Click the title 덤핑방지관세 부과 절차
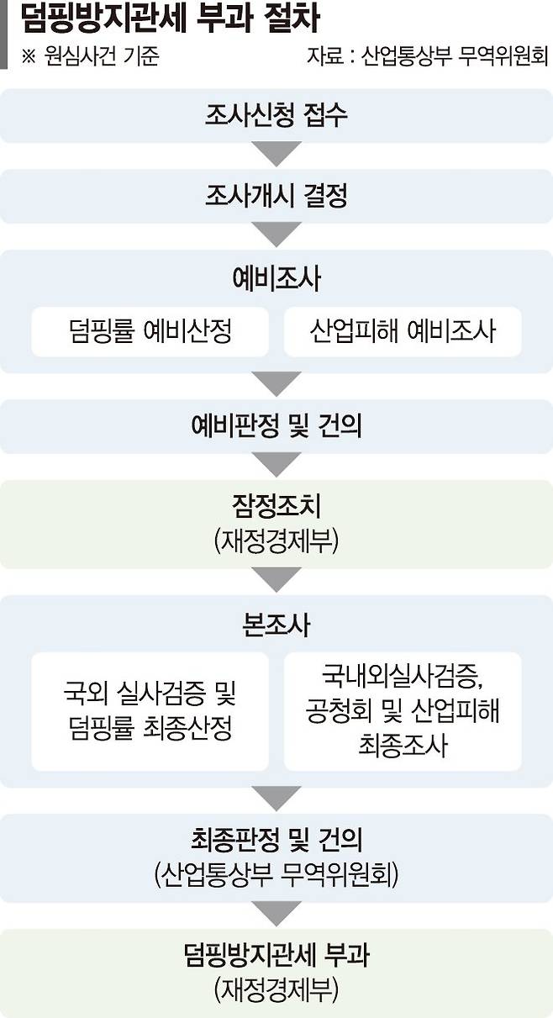[x=170, y=19]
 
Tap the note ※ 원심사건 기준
[x=91, y=56]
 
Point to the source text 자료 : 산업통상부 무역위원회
[x=427, y=56]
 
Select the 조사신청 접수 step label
[x=276, y=115]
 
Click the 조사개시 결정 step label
[x=276, y=196]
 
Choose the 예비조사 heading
[x=276, y=278]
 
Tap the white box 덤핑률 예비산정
[x=150, y=331]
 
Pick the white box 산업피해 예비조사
[x=403, y=331]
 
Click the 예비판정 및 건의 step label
[x=276, y=426]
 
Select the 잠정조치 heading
[x=276, y=506]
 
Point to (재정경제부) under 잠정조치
[x=276, y=541]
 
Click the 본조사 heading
[x=276, y=625]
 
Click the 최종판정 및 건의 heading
[x=276, y=840]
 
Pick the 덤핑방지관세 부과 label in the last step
[x=276, y=954]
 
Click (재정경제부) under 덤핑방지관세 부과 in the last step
[x=276, y=989]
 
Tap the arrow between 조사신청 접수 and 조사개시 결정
[x=276, y=153]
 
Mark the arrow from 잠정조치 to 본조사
[x=276, y=579]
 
